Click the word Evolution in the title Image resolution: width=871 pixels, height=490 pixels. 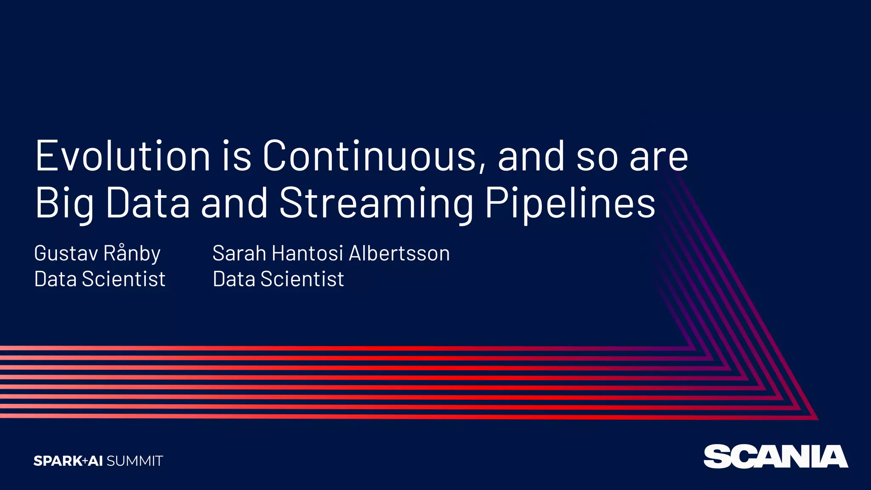coord(122,156)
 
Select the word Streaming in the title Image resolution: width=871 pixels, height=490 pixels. coord(376,203)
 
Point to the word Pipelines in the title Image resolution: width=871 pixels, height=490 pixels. coord(570,203)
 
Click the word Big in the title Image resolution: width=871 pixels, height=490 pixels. coord(64,203)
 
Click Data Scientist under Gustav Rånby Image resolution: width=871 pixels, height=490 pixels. coord(100,279)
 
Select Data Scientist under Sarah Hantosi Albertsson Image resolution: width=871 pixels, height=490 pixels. coord(278,279)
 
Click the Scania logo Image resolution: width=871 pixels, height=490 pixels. coord(775,456)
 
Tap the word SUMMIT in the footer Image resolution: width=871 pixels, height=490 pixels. coord(135,461)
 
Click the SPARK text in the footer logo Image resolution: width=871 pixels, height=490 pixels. coord(57,461)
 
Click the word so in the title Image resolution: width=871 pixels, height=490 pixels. coord(596,156)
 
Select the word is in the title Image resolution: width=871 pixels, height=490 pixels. coord(236,156)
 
